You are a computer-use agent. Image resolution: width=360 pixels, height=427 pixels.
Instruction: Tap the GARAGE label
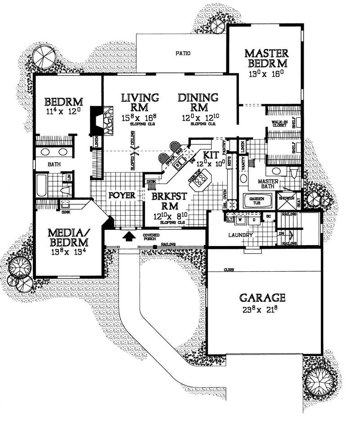click(262, 297)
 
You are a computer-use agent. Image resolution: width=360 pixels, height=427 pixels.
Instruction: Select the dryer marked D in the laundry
click(254, 220)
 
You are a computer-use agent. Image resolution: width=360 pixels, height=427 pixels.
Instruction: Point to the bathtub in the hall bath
click(41, 185)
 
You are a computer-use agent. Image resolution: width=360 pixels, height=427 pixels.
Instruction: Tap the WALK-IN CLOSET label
click(279, 124)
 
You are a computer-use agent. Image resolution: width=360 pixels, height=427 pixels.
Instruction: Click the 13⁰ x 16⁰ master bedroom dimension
click(266, 73)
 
